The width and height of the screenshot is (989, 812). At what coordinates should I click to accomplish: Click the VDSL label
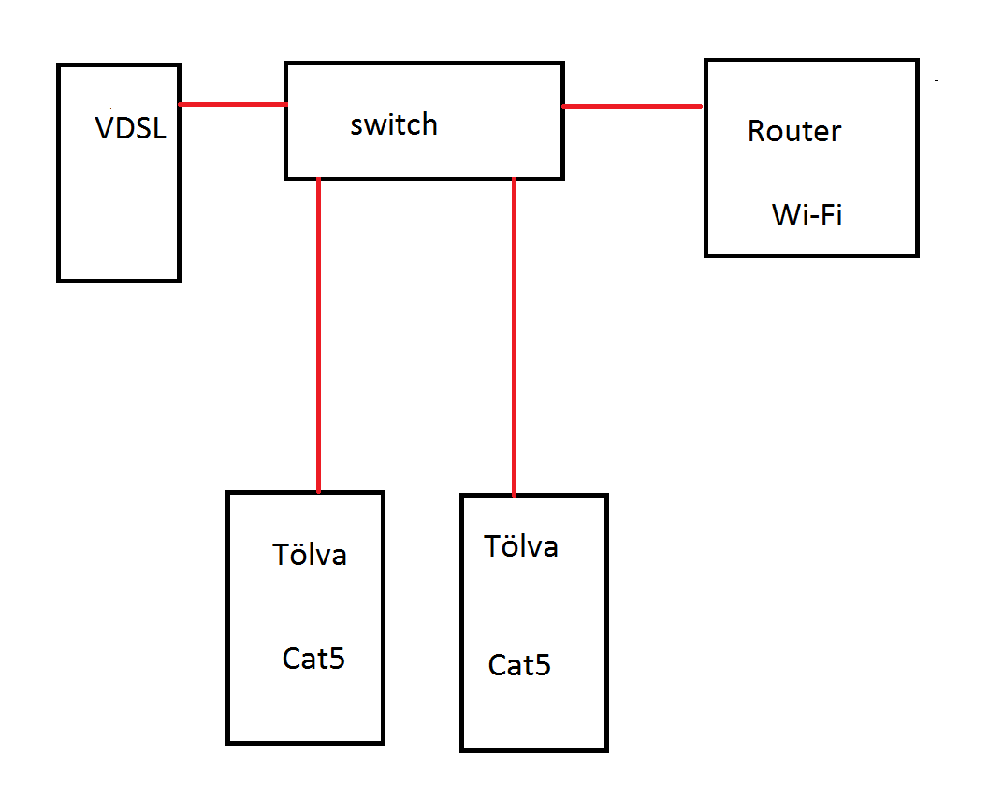(130, 128)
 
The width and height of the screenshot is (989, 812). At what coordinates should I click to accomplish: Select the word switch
(394, 124)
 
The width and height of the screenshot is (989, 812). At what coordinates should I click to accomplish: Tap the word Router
(794, 132)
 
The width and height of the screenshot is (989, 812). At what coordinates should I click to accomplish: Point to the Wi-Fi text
(807, 215)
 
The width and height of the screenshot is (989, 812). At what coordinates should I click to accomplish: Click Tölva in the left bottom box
(310, 555)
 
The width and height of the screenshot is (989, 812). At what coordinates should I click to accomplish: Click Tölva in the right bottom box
(521, 546)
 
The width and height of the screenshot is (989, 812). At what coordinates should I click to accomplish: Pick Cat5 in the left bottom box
(313, 659)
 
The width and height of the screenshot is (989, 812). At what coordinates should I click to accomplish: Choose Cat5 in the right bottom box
(519, 666)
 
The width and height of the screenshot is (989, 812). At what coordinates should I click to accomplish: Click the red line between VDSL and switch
(232, 104)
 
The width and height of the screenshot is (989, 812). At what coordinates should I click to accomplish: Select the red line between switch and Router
(633, 106)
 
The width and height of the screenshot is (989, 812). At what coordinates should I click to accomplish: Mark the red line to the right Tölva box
(514, 337)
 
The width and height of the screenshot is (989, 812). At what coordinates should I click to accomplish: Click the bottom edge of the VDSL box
(119, 279)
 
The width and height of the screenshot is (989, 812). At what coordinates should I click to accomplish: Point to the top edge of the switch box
(423, 65)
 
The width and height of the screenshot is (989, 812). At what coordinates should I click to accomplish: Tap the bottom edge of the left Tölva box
(305, 742)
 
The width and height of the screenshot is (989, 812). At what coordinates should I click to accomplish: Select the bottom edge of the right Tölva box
(534, 749)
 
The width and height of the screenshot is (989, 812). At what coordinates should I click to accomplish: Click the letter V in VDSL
(105, 128)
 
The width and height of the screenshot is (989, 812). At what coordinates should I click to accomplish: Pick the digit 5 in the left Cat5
(338, 659)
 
